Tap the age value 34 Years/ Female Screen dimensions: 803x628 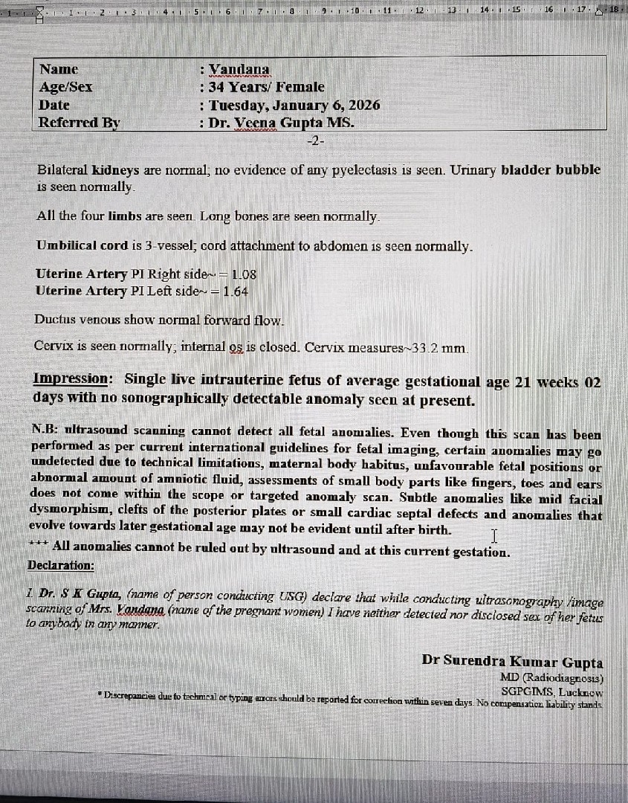(x=266, y=87)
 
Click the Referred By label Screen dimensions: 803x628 (x=79, y=123)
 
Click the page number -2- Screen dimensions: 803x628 (x=316, y=139)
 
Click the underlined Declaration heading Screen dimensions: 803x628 (x=61, y=565)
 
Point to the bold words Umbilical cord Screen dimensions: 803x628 (x=71, y=245)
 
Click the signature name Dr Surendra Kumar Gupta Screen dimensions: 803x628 (x=512, y=662)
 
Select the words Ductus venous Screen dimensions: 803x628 (x=73, y=320)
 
